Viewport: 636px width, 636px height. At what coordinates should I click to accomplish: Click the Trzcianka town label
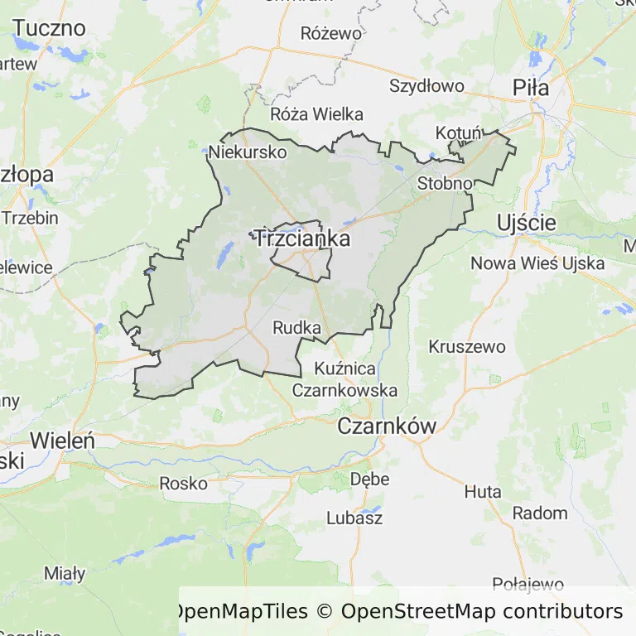pos(301,239)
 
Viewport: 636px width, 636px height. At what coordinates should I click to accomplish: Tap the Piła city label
pos(531,86)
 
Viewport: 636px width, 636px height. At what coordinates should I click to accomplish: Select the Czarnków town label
pos(387,426)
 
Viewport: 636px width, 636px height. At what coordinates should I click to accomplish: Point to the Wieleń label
pos(62,440)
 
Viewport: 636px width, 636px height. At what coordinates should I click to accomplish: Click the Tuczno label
pos(50,28)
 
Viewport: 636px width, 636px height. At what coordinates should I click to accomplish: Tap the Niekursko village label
pos(248,152)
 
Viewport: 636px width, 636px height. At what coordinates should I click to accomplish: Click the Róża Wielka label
pos(316,115)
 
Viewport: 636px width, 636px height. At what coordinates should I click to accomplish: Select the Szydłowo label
pos(426,86)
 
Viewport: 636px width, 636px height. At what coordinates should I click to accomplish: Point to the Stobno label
pos(446,183)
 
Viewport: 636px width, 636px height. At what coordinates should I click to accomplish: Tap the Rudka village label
pos(296,328)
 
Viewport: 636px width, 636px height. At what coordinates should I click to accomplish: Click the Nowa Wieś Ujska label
pos(537,264)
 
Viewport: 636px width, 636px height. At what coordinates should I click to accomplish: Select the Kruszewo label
pos(467,347)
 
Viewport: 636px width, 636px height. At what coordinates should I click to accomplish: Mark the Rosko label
pos(183,484)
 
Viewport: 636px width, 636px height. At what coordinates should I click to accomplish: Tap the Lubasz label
pos(354,518)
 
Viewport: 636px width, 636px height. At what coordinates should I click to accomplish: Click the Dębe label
pos(369,479)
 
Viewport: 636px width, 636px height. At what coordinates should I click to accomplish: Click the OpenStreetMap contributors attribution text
pos(482,612)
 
